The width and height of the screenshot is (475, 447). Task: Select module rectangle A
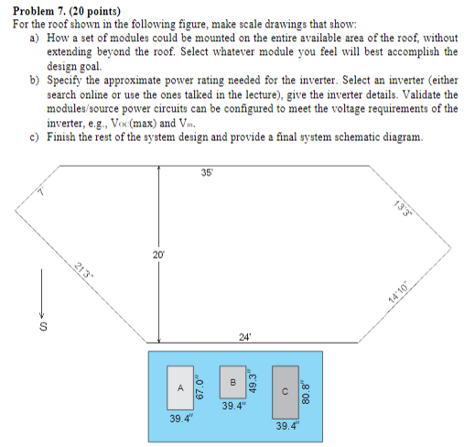pyautogui.click(x=181, y=387)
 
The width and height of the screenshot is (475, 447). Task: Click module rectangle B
pyautogui.click(x=233, y=380)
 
